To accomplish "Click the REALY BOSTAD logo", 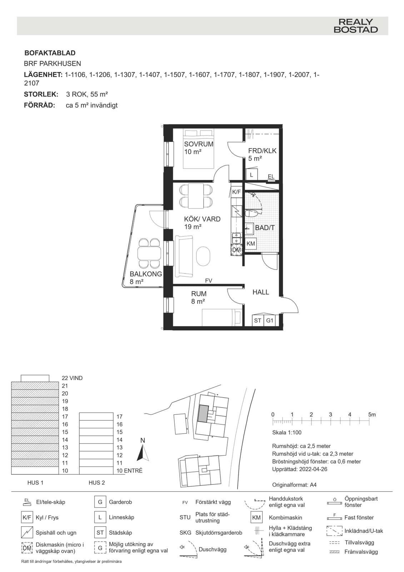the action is coord(355,25).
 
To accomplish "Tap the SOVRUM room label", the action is coord(199,144).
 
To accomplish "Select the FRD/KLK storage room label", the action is coord(262,151).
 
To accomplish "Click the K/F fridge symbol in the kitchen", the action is coord(236,192).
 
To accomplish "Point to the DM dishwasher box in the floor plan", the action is coord(236,250).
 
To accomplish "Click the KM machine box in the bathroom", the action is coord(251,243).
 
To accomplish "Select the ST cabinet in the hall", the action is coord(258,320).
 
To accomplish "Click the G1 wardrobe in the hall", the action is coord(270,320).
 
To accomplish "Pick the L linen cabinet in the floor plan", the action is coord(251,175).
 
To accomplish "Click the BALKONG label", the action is coord(146,274).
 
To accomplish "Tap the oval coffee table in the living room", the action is coord(203,256).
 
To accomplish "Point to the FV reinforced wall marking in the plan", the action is coord(209,281).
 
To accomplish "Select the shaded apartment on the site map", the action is coord(203,413).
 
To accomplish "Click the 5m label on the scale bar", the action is coord(372,414).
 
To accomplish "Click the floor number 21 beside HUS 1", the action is coord(65,386).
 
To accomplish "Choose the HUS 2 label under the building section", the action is coord(96,483).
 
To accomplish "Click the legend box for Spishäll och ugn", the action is coord(27,532).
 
